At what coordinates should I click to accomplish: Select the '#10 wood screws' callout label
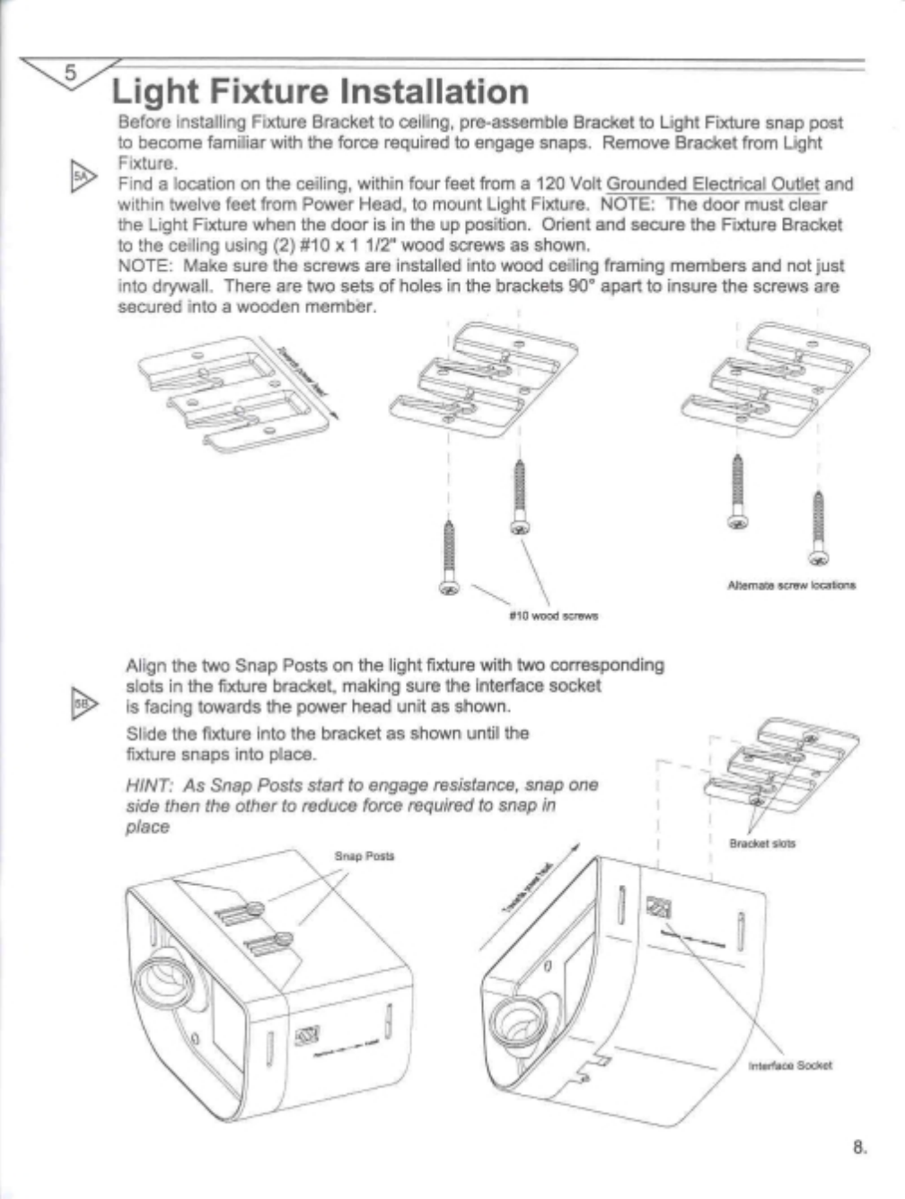(x=553, y=616)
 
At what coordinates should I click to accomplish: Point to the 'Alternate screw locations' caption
(x=791, y=585)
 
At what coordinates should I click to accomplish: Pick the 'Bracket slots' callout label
(x=762, y=844)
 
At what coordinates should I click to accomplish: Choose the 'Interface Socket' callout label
(x=790, y=1065)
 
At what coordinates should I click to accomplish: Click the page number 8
(x=859, y=1146)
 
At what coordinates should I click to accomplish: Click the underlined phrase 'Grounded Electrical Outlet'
(x=713, y=184)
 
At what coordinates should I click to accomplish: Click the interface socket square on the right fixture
(x=658, y=909)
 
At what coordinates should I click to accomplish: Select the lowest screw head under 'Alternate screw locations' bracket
(x=816, y=558)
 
